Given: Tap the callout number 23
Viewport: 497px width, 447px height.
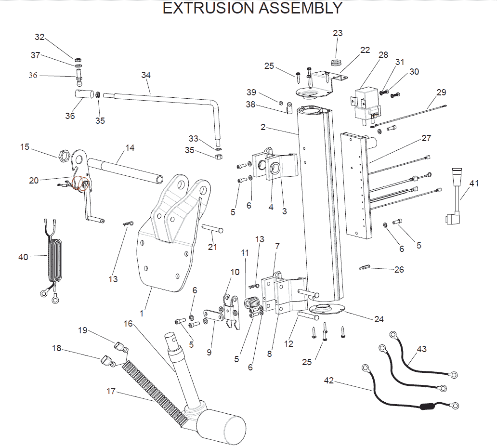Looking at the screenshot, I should [338, 33].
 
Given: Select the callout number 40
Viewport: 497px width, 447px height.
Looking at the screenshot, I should [24, 257].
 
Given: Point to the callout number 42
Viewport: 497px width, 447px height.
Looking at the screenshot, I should [329, 381].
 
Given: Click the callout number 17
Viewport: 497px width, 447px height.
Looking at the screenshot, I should [111, 391].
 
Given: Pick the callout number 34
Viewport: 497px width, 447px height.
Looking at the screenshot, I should [146, 75].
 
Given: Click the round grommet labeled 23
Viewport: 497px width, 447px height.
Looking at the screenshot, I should [335, 62].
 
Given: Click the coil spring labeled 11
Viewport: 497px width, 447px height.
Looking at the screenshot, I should [251, 304].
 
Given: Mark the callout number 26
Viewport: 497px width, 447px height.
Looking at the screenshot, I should [399, 270].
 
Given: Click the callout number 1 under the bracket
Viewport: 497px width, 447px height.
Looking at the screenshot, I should [142, 313].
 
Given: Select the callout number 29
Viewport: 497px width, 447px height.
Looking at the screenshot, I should [442, 92].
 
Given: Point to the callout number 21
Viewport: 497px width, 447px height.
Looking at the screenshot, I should [212, 247].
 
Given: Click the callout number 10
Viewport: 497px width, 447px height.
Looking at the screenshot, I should [235, 272].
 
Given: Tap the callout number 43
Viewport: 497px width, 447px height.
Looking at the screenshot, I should [422, 349].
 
